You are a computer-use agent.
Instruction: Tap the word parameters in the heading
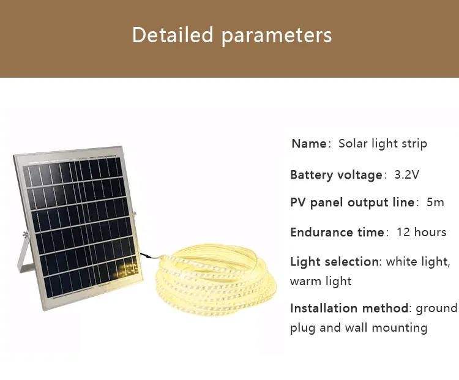(277, 35)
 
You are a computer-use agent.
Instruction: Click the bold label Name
(309, 144)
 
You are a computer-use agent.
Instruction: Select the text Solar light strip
(382, 144)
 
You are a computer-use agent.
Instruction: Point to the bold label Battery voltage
(336, 175)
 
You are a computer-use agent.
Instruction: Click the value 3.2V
(407, 175)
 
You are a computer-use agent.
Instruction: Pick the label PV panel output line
(352, 203)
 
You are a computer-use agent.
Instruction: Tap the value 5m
(435, 203)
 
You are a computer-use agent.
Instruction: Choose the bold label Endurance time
(337, 233)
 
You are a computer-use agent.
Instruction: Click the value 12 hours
(421, 233)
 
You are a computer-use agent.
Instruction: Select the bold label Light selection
(334, 262)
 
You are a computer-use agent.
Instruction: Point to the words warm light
(321, 281)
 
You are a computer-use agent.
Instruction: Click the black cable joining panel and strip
(147, 257)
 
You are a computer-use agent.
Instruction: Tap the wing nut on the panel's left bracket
(24, 234)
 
